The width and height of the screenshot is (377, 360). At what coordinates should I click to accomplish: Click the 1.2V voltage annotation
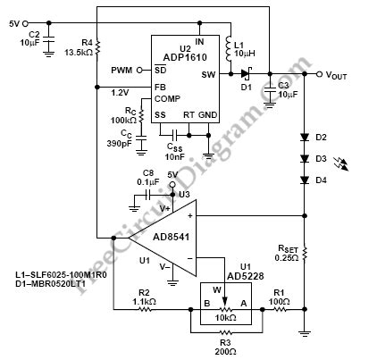coord(118,92)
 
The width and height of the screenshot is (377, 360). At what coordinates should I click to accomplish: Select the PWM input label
coord(122,70)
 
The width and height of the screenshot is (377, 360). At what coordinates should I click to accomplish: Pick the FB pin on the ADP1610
coord(160,87)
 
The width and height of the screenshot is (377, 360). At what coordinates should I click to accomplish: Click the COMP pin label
coord(168,99)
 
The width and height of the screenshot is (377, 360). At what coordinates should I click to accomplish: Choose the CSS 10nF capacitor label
coord(176,149)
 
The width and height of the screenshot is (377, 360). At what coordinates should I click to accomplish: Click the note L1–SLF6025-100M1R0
coord(63,273)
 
